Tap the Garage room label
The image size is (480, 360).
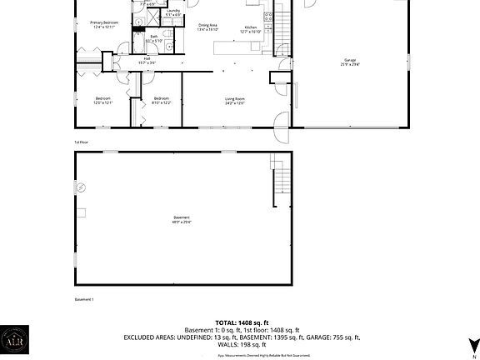click(x=350, y=62)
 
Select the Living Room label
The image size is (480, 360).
click(x=234, y=101)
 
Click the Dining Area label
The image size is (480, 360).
click(x=207, y=27)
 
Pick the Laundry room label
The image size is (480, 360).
click(x=172, y=12)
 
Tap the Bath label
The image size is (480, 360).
click(x=154, y=37)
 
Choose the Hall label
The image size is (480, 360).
click(x=147, y=60)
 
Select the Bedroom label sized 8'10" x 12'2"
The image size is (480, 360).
click(x=162, y=101)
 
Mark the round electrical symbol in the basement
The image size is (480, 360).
click(x=81, y=189)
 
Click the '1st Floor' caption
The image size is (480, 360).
click(x=82, y=142)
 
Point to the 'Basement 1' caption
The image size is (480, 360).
click(x=84, y=299)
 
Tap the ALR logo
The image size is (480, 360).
click(x=14, y=342)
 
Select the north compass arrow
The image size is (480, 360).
click(x=472, y=343)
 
